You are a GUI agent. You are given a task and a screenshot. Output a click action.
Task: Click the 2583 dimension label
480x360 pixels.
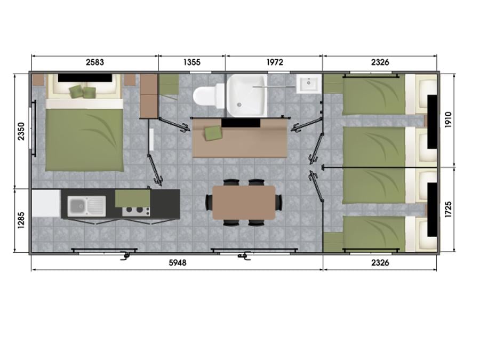coord(95,62)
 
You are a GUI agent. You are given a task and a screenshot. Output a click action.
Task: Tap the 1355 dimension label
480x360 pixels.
coord(192,62)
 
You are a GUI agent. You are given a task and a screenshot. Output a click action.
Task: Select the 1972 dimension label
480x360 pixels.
coord(275,62)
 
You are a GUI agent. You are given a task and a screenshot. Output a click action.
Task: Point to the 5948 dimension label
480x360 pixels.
coord(178,262)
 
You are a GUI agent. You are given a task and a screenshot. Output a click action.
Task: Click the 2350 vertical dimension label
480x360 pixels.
coord(21,131)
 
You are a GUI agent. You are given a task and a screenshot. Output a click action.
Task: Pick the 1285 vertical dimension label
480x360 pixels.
coord(21,220)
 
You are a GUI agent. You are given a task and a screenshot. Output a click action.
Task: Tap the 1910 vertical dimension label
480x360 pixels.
coord(448,120)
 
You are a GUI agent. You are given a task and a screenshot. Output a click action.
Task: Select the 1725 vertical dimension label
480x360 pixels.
coord(448,210)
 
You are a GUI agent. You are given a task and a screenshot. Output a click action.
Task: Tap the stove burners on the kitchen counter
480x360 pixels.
coord(136,211)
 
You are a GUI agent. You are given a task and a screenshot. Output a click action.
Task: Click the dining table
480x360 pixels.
coord(244,203)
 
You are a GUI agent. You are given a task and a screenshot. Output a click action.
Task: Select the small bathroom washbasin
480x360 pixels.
coord(309,83)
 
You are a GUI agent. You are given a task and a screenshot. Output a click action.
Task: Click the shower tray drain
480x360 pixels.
coord(239,105)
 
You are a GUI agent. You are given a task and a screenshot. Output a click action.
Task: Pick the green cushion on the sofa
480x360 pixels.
coord(213,133)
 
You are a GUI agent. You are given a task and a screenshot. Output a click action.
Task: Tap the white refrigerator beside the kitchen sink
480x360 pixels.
coord(46,203)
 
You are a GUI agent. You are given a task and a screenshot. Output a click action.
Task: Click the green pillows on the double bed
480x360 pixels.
coord(82,92)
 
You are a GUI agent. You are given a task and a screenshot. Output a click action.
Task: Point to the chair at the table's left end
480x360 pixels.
coord(209,202)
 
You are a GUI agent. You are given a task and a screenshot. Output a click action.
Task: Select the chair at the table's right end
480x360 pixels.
coord(279,202)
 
